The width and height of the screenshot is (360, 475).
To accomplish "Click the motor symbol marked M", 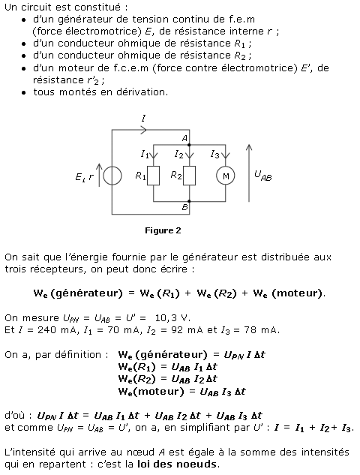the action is (226, 176).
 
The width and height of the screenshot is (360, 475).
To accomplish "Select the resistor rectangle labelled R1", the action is (153, 176).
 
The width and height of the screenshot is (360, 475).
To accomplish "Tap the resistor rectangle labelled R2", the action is (189, 176).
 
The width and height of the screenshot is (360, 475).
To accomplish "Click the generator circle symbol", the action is (112, 176).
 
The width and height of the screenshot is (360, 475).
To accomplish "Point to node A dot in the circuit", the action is (189, 145).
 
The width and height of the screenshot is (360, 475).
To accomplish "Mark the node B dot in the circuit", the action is (189, 201).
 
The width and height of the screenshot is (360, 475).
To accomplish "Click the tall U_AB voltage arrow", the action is (249, 173).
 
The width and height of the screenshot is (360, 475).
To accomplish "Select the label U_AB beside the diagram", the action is (263, 176).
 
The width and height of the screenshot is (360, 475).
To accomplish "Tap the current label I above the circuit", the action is (143, 118).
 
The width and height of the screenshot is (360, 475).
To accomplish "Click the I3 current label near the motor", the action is (214, 155).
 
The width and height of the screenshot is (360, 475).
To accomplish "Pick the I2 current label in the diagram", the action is (179, 155).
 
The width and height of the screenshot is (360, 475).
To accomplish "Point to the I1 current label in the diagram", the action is (145, 154).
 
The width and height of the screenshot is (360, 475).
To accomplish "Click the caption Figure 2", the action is (163, 230).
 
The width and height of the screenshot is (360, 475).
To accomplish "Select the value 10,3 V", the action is (172, 317).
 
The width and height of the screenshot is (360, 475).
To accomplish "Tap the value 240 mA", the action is (57, 330).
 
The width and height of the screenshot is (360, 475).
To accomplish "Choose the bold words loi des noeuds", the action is (177, 464).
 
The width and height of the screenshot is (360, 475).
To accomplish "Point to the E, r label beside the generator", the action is (84, 177).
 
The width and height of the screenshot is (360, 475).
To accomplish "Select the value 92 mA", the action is (187, 330).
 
